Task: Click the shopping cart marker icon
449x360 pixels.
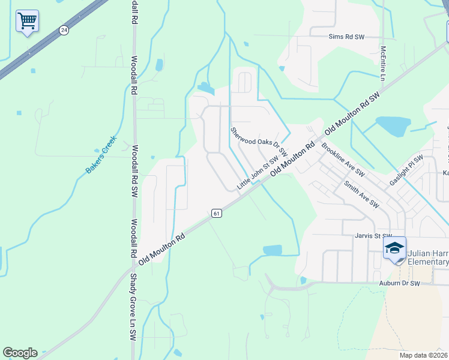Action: (27, 21)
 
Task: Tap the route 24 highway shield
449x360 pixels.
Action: (64, 30)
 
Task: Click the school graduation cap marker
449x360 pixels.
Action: (395, 249)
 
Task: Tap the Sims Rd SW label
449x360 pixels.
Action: (347, 37)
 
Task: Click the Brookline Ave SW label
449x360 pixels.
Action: (343, 159)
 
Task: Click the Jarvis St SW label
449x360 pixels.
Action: (373, 236)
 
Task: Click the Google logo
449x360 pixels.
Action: (20, 353)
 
